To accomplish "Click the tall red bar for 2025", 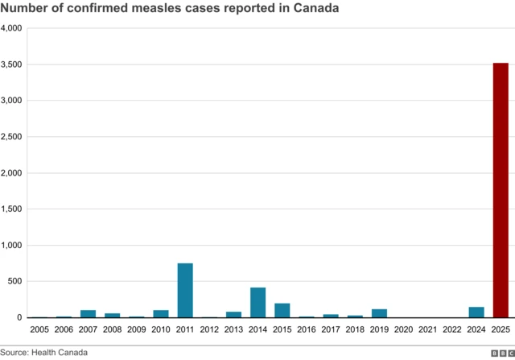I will point(500,190).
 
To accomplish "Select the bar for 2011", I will point(185,290).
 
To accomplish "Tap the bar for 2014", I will point(257,302).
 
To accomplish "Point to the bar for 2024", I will point(476,312).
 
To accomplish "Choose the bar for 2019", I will point(379,313).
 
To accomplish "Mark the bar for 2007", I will point(88,314).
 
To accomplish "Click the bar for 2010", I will point(161,314).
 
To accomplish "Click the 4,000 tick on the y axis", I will point(11,28).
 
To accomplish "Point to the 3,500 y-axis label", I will point(11,64).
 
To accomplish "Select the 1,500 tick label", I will point(11,209).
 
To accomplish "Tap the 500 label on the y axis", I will point(14,282).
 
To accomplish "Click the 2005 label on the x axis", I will point(39,330).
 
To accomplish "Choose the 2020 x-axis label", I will point(403,330).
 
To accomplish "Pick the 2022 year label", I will point(451,330).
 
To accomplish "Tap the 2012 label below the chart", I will point(209,330).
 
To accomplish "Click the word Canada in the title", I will point(312,8).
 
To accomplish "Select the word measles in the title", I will point(150,8).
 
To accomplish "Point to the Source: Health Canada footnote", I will point(44,352).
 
